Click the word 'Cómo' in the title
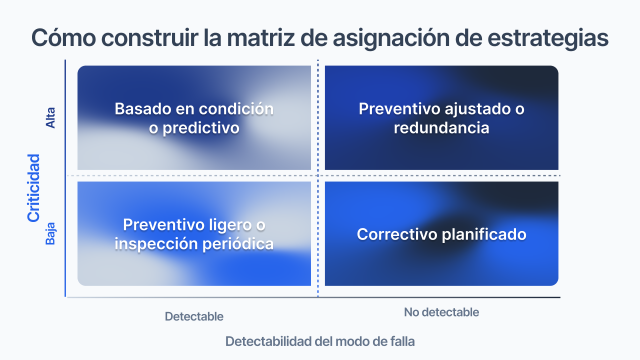[63, 37]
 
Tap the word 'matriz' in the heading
[260, 37]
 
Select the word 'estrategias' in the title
[548, 39]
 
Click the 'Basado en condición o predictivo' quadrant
[194, 117]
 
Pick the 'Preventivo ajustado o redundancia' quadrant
[441, 117]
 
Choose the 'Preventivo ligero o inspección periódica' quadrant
[194, 233]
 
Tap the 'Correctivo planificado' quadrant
[441, 233]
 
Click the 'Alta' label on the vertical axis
[50, 117]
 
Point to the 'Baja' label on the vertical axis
[50, 233]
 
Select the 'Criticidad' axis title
[33, 188]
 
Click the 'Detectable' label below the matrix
[194, 316]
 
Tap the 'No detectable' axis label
[441, 312]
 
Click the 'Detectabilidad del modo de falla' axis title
[320, 341]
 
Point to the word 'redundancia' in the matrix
[441, 127]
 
